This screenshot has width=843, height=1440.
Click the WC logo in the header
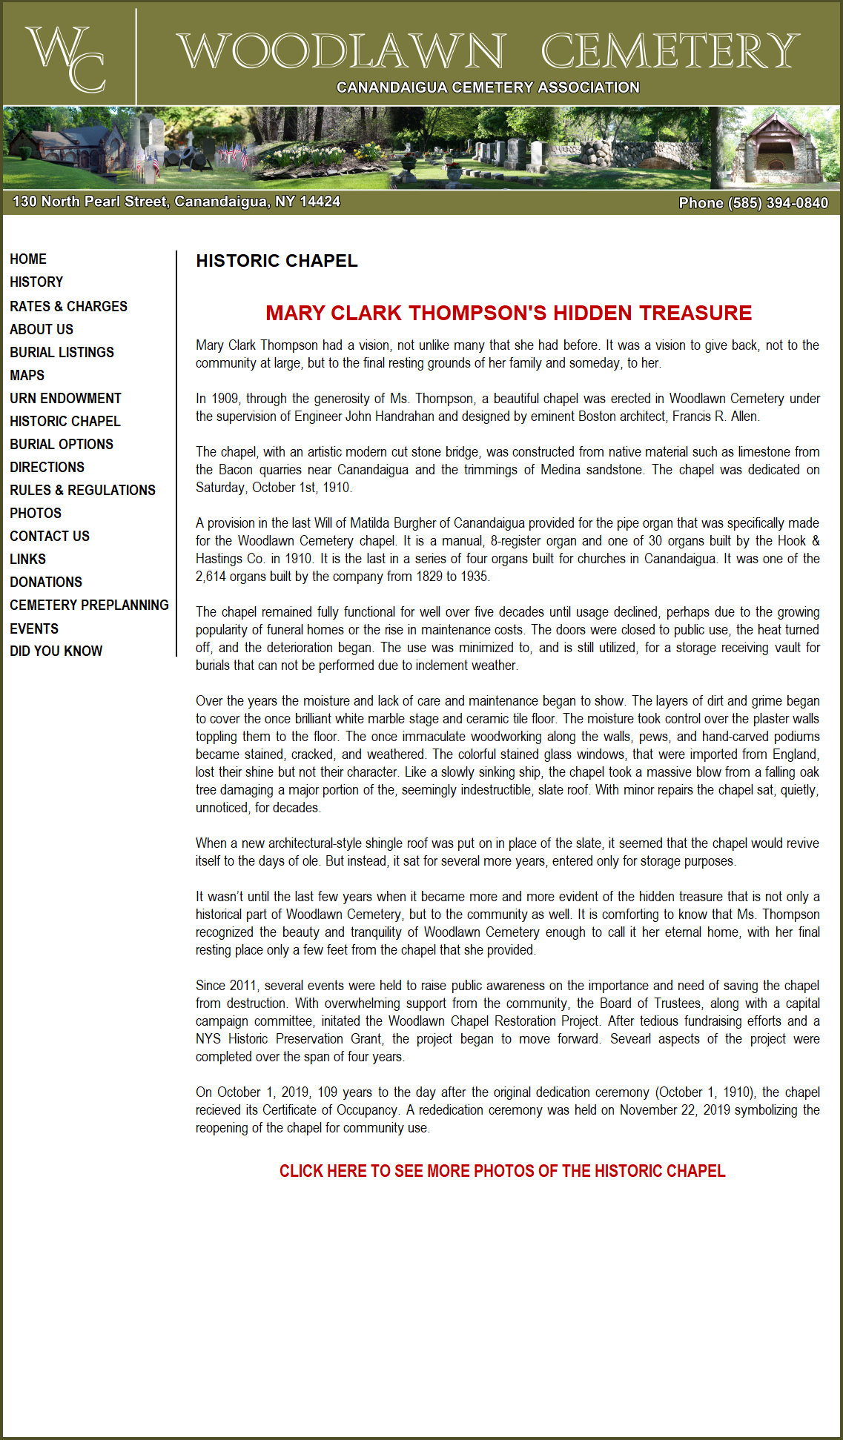pos(66,57)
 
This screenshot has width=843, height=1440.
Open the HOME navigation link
pos(28,259)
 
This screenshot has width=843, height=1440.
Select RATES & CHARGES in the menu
pos(68,306)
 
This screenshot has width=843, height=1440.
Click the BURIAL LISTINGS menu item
pos(62,352)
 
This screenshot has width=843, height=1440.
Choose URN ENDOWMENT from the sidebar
pos(65,398)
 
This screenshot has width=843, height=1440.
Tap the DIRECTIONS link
pos(47,467)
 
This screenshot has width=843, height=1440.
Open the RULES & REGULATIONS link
pos(82,490)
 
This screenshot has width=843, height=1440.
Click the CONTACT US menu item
pos(50,536)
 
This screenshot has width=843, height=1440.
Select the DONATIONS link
pos(46,582)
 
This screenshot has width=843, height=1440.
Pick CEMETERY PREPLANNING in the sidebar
pos(89,605)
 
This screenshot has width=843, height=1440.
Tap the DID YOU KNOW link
pos(56,651)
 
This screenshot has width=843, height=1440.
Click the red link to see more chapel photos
pos(502,1171)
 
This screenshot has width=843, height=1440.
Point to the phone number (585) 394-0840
pos(753,202)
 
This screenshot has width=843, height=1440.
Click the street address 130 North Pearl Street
pos(176,202)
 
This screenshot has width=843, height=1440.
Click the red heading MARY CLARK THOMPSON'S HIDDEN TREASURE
pos(509,313)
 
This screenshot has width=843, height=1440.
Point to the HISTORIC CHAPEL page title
pos(277,261)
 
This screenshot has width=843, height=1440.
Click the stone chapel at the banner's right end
pos(776,148)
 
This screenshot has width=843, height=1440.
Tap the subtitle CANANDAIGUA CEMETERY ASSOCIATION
pos(488,87)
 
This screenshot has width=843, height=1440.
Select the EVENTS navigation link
pos(34,628)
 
